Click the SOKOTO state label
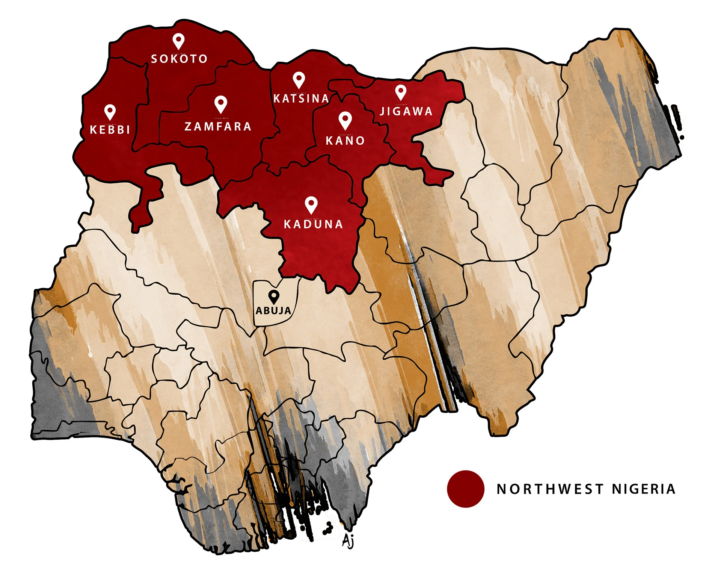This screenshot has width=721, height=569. click(x=179, y=59)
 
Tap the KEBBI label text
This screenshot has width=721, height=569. click(x=110, y=130)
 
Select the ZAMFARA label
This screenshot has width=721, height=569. click(x=218, y=127)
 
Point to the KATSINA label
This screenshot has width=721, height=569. click(x=301, y=99)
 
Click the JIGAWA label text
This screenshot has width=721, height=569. click(x=406, y=112)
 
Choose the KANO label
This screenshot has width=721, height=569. click(x=345, y=141)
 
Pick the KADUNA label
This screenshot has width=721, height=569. click(x=313, y=224)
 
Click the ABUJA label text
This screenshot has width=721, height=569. click(x=273, y=311)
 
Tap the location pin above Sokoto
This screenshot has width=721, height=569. click(x=178, y=41)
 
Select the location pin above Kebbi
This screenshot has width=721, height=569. click(x=110, y=112)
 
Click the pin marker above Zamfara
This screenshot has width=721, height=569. click(x=221, y=104)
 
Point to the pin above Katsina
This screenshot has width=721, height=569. click(x=299, y=80)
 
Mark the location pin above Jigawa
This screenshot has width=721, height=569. click(x=401, y=92)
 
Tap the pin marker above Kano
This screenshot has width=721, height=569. click(x=345, y=120)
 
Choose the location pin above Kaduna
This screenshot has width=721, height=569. click(x=311, y=205)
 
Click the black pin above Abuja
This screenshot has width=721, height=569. click(x=274, y=297)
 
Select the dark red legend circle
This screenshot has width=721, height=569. click(x=465, y=489)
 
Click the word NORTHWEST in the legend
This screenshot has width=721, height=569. click(x=550, y=489)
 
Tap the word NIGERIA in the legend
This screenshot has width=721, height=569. click(x=644, y=489)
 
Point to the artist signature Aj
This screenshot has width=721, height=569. click(x=348, y=541)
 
